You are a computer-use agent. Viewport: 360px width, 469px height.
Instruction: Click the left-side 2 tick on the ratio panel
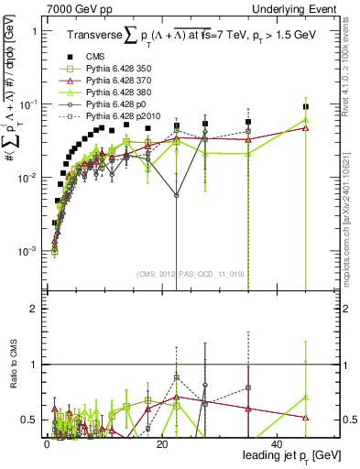point(34,309)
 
